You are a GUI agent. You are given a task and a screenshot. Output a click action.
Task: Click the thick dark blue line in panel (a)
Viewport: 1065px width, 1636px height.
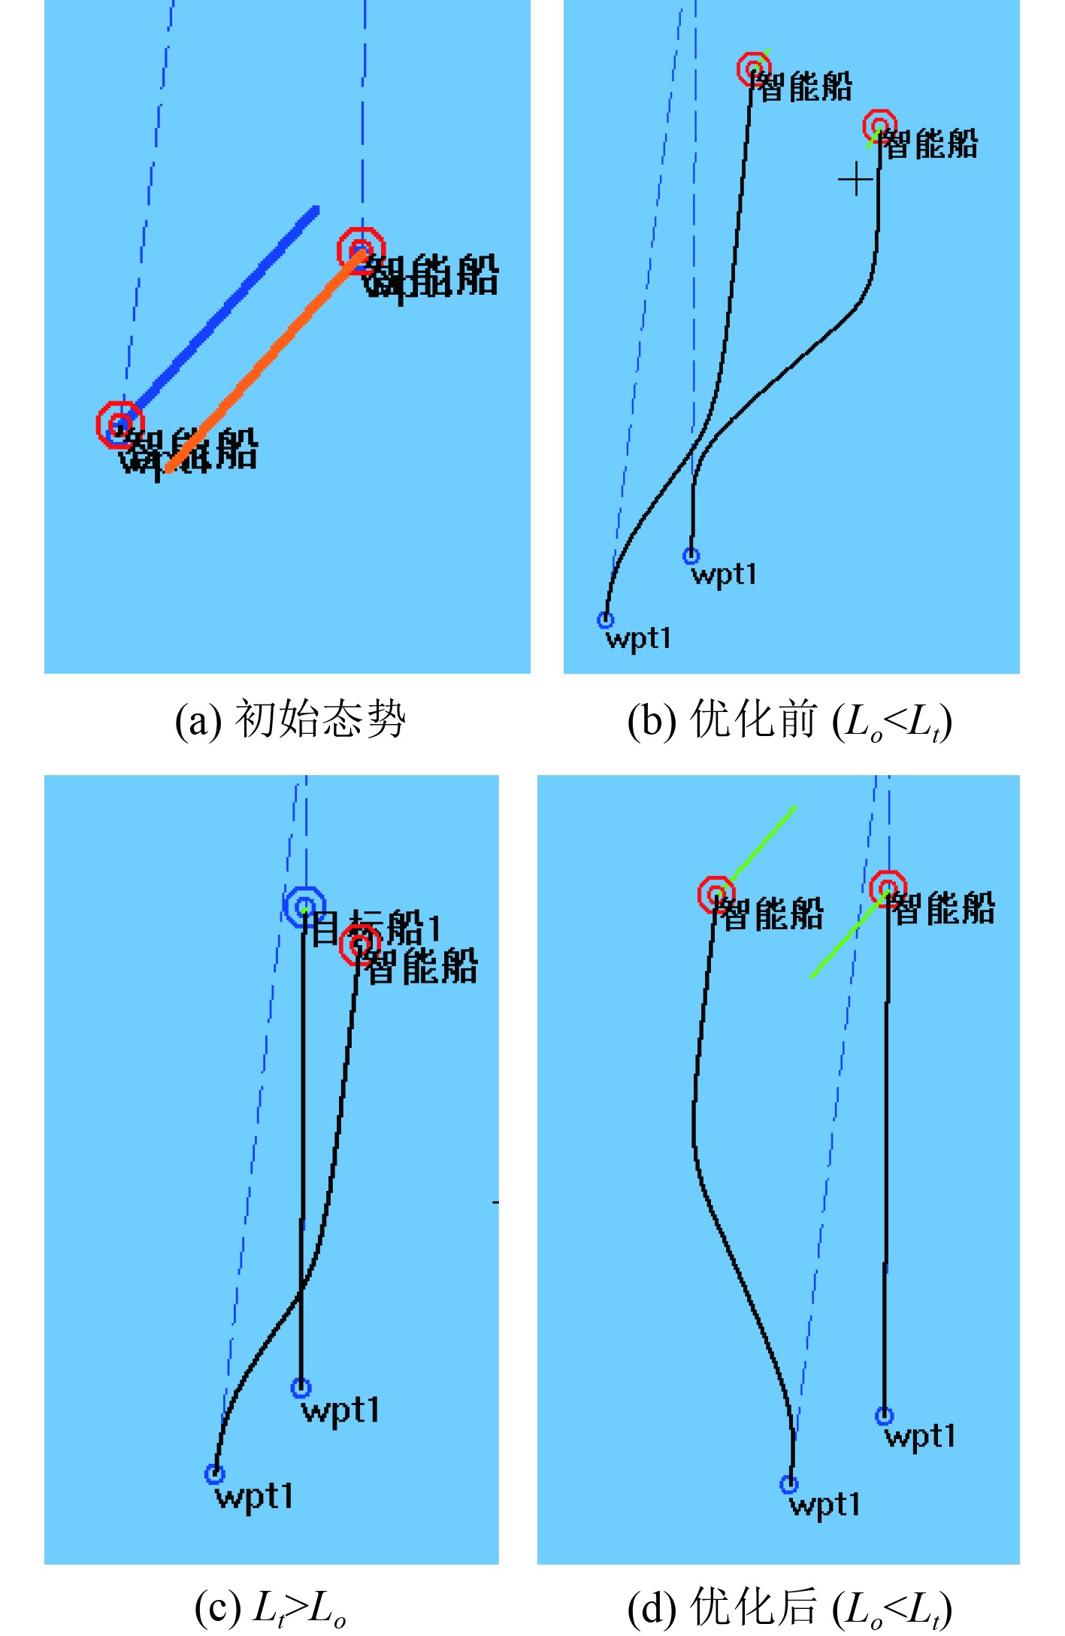[x=225, y=304]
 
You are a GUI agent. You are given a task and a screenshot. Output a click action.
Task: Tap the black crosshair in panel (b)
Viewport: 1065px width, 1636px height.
[x=855, y=180]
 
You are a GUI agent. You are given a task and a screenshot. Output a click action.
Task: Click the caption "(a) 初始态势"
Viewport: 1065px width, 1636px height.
[x=290, y=720]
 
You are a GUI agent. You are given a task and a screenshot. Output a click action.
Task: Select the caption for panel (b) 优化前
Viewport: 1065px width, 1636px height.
[x=789, y=721]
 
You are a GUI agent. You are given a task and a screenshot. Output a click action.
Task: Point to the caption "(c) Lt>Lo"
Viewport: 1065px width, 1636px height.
[x=271, y=1608]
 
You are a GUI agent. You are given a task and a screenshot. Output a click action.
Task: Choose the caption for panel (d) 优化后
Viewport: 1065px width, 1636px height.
[x=789, y=1608]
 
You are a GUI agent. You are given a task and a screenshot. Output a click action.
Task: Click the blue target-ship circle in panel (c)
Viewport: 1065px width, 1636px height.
[x=304, y=906]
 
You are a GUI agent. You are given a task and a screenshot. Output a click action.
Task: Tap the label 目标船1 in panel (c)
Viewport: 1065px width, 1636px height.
[x=376, y=928]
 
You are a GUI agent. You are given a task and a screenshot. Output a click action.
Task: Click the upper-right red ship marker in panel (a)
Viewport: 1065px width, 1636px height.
[x=361, y=250]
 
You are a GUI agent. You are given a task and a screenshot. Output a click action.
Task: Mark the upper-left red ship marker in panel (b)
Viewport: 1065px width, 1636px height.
[x=753, y=69]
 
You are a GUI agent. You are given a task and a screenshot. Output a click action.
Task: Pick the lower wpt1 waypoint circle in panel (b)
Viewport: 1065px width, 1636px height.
[x=606, y=620]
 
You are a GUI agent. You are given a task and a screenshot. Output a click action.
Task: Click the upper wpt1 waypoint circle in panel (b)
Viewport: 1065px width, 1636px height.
[x=691, y=556]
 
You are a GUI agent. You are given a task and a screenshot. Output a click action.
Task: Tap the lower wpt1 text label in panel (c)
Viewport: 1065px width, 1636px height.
[x=254, y=1496]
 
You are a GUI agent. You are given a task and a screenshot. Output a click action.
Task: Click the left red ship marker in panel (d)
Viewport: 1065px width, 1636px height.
[x=716, y=894]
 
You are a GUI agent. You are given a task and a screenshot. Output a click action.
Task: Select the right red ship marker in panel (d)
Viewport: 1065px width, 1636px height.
[x=888, y=889]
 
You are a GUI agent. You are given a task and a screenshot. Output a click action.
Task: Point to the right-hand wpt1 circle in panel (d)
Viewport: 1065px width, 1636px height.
[x=885, y=1416]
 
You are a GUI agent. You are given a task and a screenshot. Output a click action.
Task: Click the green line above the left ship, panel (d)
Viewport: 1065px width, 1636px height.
[x=763, y=842]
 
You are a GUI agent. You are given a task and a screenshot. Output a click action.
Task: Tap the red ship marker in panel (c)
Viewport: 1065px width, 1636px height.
[x=360, y=944]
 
